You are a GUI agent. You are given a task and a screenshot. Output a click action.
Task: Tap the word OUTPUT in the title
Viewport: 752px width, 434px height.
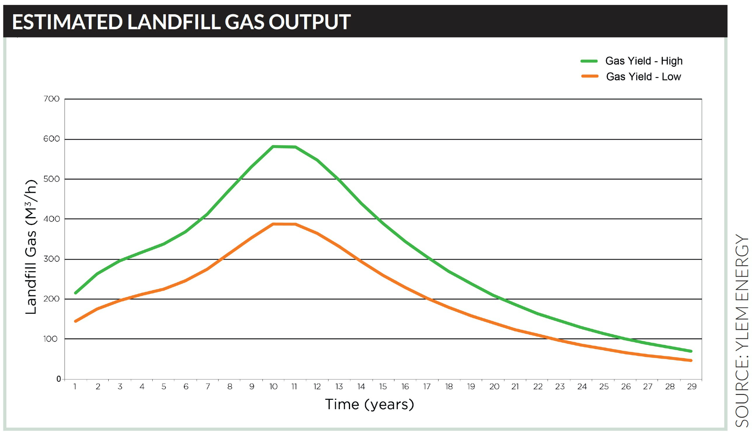309,22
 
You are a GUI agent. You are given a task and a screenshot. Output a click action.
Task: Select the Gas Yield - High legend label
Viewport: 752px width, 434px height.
644,61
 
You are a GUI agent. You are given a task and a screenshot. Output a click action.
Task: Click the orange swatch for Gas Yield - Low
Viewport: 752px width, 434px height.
590,76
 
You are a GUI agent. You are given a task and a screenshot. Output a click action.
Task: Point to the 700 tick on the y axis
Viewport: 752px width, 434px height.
52,99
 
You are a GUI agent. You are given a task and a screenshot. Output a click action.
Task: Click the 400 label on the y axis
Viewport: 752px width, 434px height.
52,219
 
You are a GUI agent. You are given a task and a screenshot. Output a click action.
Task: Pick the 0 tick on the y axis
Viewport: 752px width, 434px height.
59,379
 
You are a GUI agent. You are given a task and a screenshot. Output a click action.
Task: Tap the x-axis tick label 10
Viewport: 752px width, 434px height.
273,387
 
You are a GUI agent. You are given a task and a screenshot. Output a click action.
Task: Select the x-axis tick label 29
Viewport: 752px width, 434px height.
692,387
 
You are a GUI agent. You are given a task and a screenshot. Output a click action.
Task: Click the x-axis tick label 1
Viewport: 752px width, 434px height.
75,387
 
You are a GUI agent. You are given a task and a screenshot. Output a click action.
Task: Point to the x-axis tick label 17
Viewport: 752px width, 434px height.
427,387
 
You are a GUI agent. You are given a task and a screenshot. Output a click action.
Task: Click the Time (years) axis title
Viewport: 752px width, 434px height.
369,405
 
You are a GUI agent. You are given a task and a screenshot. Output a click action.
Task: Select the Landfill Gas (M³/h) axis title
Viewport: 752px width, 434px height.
31,247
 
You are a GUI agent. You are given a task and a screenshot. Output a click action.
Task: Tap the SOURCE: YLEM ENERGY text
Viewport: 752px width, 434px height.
741,331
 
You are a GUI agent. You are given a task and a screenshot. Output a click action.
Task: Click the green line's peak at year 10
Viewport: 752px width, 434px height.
273,147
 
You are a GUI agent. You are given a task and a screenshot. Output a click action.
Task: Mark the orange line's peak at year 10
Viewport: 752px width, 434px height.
273,224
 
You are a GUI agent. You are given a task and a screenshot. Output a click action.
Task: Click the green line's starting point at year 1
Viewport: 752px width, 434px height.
76,293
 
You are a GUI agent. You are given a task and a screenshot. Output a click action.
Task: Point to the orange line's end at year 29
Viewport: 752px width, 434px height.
691,360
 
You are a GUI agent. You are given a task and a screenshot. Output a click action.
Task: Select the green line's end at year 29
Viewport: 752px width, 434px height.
691,351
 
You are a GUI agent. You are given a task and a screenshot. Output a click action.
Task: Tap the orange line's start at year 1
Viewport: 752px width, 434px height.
76,321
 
